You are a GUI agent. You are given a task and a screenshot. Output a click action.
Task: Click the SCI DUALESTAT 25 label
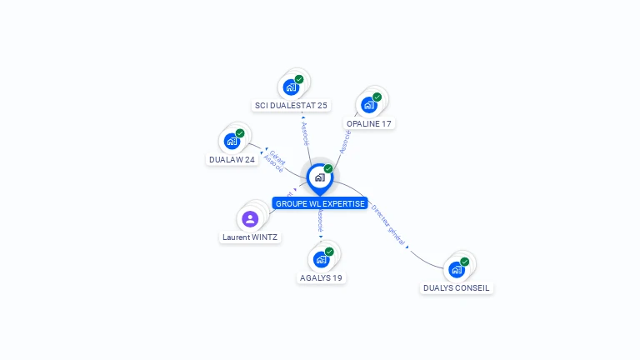click(x=291, y=106)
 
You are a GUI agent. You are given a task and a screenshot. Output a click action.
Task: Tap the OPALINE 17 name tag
click(x=368, y=124)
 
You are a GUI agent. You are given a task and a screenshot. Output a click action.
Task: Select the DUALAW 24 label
click(x=232, y=160)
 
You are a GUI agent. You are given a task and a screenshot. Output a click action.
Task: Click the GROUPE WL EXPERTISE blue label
click(x=320, y=203)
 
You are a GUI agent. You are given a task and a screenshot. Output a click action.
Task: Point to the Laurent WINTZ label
click(x=250, y=237)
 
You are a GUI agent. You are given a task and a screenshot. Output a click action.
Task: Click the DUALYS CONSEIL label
click(x=456, y=288)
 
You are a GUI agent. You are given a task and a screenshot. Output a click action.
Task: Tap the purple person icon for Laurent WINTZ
click(x=250, y=219)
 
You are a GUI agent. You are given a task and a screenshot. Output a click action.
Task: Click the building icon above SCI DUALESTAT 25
click(x=290, y=87)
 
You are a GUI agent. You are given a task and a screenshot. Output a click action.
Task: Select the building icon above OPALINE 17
click(x=368, y=105)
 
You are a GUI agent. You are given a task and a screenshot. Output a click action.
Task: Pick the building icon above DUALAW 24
click(x=232, y=141)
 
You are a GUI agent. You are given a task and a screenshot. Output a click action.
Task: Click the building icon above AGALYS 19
click(x=321, y=259)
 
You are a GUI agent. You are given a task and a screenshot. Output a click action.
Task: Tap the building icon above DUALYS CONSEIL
click(x=456, y=269)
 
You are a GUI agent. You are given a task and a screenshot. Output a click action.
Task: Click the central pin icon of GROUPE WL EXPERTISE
click(x=319, y=177)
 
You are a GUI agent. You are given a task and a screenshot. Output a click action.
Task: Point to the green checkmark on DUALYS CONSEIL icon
click(x=465, y=262)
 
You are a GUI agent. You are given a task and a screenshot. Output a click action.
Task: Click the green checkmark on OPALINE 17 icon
click(x=377, y=97)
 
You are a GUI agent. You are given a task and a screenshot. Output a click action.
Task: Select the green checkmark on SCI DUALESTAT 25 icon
click(x=299, y=80)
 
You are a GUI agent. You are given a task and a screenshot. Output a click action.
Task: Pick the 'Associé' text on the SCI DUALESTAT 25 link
click(x=304, y=134)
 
